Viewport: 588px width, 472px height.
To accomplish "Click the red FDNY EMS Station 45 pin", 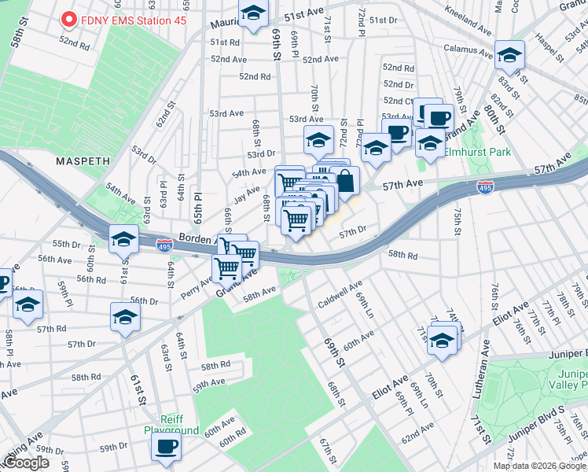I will pos(68,19).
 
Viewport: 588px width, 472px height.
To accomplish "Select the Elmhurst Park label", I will pos(476,152).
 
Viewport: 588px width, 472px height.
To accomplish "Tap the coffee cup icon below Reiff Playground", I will pos(166,448).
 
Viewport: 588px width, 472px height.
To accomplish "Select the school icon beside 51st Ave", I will pos(253,14).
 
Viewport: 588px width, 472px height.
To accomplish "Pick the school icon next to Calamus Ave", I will pos(510,55).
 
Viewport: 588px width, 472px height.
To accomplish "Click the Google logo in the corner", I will pos(25,463).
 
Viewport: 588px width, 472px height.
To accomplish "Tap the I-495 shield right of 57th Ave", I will pos(485,186).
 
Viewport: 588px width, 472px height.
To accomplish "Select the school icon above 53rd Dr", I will pos(318,141).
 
